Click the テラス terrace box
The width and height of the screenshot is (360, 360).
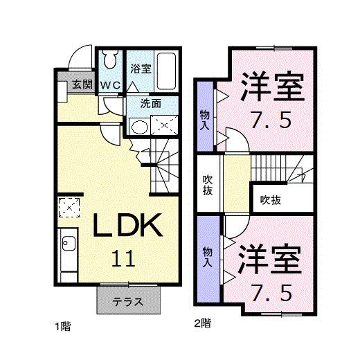(x=129, y=301)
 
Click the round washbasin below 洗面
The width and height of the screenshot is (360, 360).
(x=139, y=126)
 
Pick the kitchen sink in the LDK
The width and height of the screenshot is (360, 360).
(x=69, y=243)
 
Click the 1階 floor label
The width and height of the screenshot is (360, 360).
(x=64, y=325)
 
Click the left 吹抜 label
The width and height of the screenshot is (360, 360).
(x=208, y=185)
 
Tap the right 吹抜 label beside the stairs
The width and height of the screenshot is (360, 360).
(x=271, y=200)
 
